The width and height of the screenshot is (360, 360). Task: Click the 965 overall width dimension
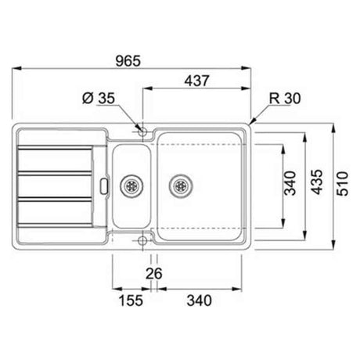(x=128, y=61)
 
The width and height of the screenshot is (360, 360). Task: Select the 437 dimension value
(x=196, y=81)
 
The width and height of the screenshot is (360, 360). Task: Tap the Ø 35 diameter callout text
(x=99, y=99)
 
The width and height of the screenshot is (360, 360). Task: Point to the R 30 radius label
(x=285, y=99)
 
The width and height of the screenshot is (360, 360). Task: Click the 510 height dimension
(x=342, y=184)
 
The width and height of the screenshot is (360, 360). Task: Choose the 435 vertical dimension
(x=317, y=182)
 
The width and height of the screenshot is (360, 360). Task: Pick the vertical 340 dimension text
(x=290, y=183)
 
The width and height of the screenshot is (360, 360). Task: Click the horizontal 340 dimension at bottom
(x=199, y=301)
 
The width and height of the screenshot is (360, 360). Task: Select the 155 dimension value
(x=131, y=301)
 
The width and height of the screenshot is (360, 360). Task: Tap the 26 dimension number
(x=154, y=273)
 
